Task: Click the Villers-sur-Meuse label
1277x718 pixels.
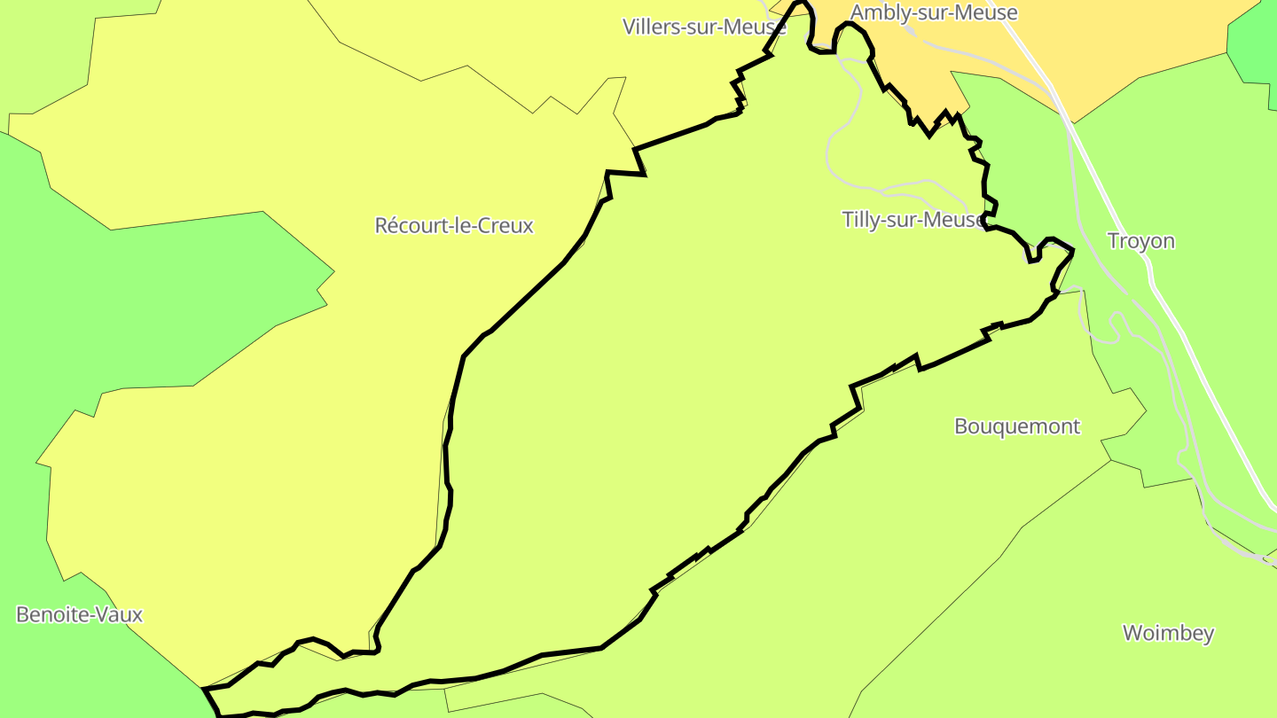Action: [x=704, y=27]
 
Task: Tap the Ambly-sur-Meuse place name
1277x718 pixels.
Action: [x=934, y=12]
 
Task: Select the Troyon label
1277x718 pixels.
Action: [x=1141, y=241]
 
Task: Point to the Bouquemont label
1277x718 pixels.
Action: [x=1017, y=426]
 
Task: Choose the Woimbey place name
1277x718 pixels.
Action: [x=1168, y=633]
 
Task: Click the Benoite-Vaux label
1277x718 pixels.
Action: [x=79, y=614]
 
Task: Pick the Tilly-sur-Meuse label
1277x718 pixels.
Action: [x=913, y=220]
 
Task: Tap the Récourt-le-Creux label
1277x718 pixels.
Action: [x=454, y=225]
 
